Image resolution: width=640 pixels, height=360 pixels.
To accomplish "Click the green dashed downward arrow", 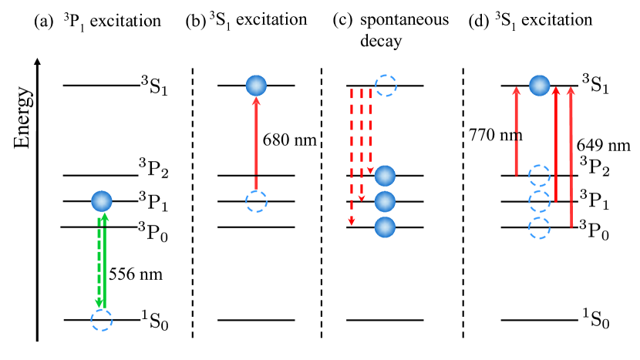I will tap(99, 262).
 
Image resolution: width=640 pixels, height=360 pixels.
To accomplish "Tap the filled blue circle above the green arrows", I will tap(102, 201).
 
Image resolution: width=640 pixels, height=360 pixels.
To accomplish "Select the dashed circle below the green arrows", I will tap(102, 320).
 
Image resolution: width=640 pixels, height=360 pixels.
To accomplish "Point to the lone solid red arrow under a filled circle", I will tap(256, 143).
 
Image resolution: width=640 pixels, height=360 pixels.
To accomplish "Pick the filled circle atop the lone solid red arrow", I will tap(256, 86).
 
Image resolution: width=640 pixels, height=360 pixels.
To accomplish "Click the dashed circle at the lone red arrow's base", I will tap(256, 201).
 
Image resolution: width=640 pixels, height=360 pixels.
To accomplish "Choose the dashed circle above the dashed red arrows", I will tap(386, 86).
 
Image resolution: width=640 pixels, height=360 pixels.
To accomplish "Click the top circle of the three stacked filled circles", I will tap(385, 176).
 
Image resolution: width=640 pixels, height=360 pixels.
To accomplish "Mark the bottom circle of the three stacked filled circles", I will tap(385, 227).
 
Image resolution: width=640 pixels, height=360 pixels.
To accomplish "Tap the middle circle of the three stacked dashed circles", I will tap(539, 201).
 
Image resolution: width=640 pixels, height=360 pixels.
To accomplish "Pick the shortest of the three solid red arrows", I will tap(516, 131).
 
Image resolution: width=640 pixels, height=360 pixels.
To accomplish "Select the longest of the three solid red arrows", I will tap(571, 158).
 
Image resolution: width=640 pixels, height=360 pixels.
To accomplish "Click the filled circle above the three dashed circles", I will tap(539, 86).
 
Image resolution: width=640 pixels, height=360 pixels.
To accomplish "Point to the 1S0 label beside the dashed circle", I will tap(154, 320).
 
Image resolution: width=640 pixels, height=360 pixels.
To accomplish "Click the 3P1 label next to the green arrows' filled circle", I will tap(153, 201).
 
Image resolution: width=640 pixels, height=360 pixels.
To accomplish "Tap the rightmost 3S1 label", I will tap(595, 84).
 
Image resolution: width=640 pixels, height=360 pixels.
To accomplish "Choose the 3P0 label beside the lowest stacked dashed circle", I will tap(594, 230).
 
